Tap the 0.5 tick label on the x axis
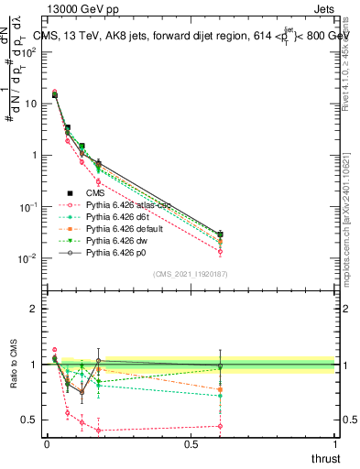point(191,443)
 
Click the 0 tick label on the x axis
point(47,443)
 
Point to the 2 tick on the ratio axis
point(35,309)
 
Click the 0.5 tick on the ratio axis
point(31,420)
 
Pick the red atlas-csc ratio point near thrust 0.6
point(220,426)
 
